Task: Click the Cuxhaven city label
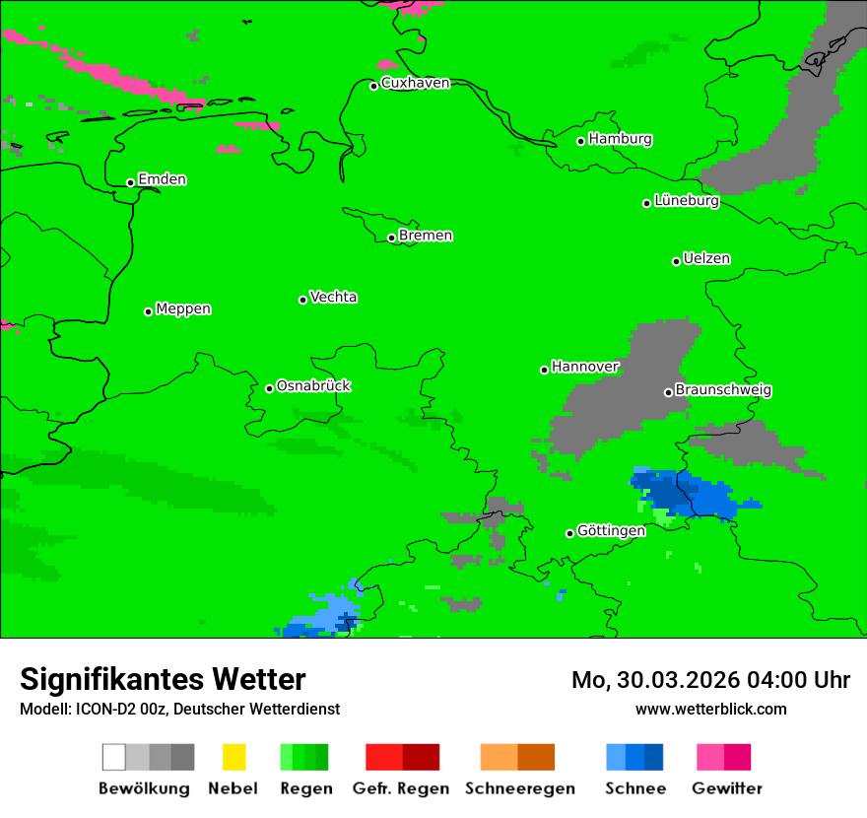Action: pyautogui.click(x=415, y=83)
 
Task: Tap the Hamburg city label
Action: pyautogui.click(x=620, y=139)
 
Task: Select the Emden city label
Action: pyautogui.click(x=162, y=179)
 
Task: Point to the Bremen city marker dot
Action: pyautogui.click(x=391, y=238)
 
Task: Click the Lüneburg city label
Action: pyautogui.click(x=686, y=201)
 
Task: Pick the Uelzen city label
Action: pyautogui.click(x=706, y=259)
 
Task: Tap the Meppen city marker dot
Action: pyautogui.click(x=148, y=311)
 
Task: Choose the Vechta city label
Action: pyautogui.click(x=333, y=297)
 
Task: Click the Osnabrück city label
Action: pyautogui.click(x=313, y=386)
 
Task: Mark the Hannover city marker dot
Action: pyautogui.click(x=544, y=370)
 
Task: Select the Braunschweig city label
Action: pyautogui.click(x=723, y=390)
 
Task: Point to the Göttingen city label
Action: pyautogui.click(x=611, y=531)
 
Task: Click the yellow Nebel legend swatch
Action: pyautogui.click(x=233, y=757)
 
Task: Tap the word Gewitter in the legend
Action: pyautogui.click(x=727, y=788)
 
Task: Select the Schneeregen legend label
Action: pyautogui.click(x=520, y=788)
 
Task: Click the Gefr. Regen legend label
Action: pyautogui.click(x=401, y=788)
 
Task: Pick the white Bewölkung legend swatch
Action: pyautogui.click(x=114, y=757)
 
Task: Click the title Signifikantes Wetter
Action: pyautogui.click(x=163, y=679)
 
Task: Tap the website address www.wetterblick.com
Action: pyautogui.click(x=710, y=710)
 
